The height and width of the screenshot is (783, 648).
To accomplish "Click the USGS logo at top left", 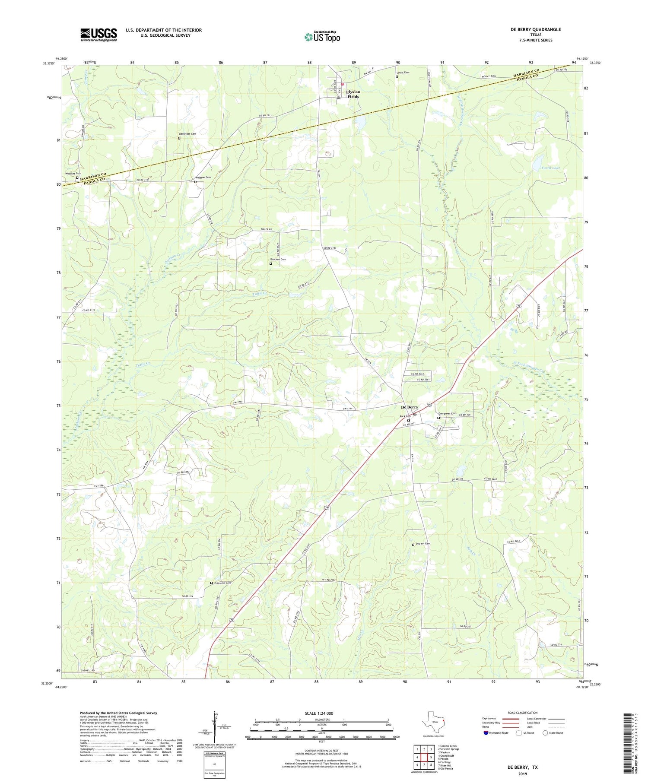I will (x=98, y=35).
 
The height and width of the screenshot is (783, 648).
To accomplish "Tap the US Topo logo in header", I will (x=322, y=37).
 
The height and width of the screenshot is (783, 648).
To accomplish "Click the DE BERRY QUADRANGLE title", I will (x=536, y=29).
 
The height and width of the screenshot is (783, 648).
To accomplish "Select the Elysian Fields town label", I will (x=353, y=94).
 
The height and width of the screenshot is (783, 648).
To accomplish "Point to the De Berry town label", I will (x=409, y=407).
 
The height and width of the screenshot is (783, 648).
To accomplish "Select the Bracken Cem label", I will (x=278, y=260).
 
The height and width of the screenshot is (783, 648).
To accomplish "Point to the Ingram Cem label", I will (x=423, y=544).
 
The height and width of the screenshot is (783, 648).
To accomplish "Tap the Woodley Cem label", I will (x=73, y=174).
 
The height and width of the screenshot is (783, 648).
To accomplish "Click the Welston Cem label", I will (x=203, y=178).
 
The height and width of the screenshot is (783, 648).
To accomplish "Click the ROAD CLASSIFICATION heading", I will (x=522, y=713).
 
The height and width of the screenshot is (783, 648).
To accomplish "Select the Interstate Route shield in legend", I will (x=486, y=733).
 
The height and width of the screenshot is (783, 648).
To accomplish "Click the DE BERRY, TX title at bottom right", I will (x=523, y=767).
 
